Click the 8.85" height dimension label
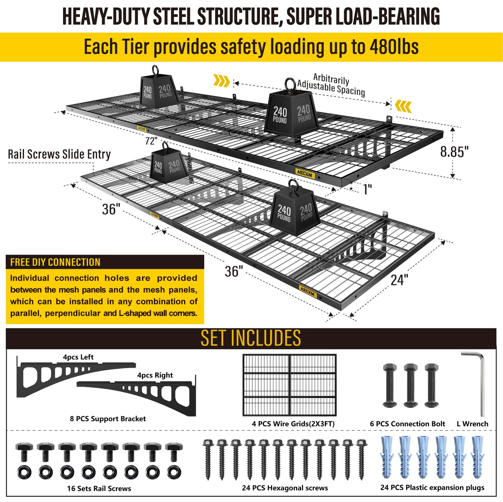(455, 152)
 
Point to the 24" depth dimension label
(399, 280)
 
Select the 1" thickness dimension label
(368, 189)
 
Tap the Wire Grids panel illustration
(290, 385)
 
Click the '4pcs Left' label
(78, 357)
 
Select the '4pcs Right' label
(155, 375)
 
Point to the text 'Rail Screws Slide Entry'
(59, 154)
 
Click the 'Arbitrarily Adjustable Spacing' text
(331, 84)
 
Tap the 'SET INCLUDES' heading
(251, 338)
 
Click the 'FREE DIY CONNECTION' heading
(55, 262)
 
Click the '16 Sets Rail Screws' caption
(99, 488)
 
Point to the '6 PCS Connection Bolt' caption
(408, 424)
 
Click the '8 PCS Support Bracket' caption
(108, 419)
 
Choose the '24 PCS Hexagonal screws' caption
(285, 488)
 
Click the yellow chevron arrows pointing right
(221, 81)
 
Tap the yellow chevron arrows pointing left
(403, 106)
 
